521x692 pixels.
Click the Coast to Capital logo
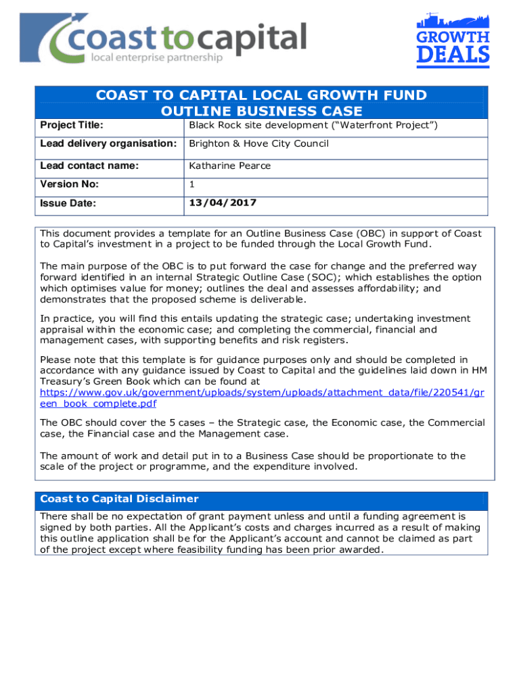pos(163,40)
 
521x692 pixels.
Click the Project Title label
pos(66,126)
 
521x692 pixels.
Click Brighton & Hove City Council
pos(258,144)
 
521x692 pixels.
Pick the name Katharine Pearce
pos(229,166)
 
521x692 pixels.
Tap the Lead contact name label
pos(89,166)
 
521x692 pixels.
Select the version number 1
pos(192,184)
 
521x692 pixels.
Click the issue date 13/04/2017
pos(223,203)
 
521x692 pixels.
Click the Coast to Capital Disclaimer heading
pos(119,499)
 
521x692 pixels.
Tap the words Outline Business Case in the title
pos(261,111)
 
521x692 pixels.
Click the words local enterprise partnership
pos(156,58)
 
